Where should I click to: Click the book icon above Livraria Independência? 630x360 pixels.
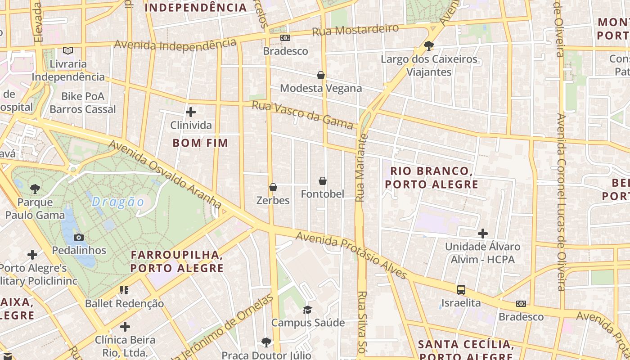pos(68,51)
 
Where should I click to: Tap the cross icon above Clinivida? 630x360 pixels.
pos(191,112)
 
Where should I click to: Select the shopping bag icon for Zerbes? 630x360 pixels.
pos(273,187)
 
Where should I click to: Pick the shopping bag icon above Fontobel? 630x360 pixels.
pos(322,181)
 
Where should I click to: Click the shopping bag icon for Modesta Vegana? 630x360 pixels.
pos(321,75)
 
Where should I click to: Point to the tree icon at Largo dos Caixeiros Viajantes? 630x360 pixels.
pos(429,45)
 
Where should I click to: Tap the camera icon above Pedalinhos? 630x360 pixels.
pos(79,237)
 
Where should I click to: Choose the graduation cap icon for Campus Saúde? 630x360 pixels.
pos(308,310)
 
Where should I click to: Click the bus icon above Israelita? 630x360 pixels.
pos(461,289)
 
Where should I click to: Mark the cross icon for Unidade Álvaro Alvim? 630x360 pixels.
pos(483,234)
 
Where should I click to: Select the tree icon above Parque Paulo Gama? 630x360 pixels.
pos(35,189)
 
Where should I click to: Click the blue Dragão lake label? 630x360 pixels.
pos(118,202)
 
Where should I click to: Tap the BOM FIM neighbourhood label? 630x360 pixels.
pos(200,143)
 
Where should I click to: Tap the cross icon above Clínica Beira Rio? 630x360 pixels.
pos(125,327)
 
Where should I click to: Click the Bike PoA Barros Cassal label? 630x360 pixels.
pos(83,103)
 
